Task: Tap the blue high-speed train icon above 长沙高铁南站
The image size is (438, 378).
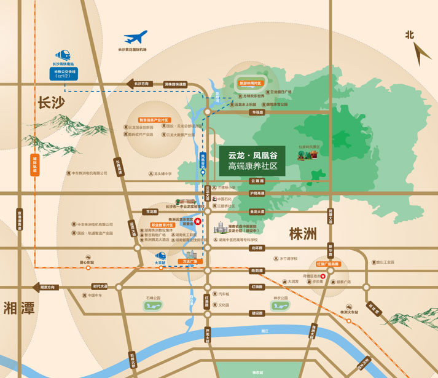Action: point(63,55)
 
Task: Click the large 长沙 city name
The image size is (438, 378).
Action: point(50,102)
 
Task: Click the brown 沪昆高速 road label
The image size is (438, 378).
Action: point(257,193)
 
